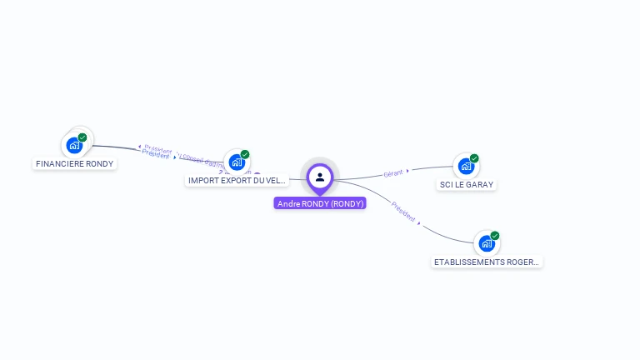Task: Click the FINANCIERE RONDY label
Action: pos(75,163)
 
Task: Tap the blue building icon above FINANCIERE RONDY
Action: pos(74,145)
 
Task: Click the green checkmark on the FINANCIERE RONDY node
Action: pos(82,137)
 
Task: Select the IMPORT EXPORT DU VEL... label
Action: pos(237,180)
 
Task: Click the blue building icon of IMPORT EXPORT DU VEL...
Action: pos(237,162)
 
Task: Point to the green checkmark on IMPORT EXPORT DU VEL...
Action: pos(245,154)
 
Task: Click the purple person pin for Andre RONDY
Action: pos(320,177)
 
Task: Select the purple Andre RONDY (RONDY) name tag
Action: pos(320,203)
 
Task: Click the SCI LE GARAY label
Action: pos(467,184)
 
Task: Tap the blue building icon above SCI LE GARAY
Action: pos(466,166)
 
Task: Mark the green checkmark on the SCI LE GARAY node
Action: pos(474,158)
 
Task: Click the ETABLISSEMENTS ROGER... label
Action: pos(487,262)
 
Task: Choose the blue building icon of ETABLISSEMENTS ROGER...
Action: pos(487,243)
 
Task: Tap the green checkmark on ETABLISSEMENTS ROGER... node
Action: pos(495,236)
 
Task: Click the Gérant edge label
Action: pos(392,173)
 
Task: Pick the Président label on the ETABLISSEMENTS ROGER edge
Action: pos(403,212)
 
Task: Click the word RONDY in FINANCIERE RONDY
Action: pos(98,163)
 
